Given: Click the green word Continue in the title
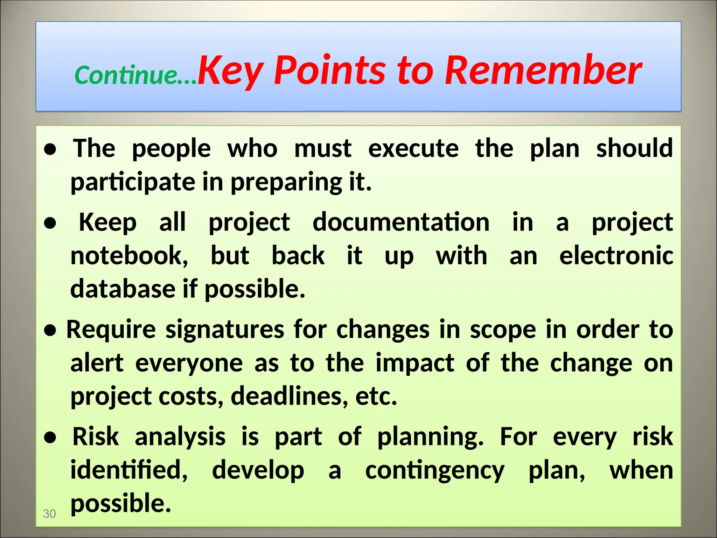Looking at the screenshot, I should pyautogui.click(x=126, y=75).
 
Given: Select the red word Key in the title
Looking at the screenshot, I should pyautogui.click(x=230, y=72).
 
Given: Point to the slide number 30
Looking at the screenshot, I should pyautogui.click(x=49, y=513).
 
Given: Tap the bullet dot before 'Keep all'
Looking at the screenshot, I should pyautogui.click(x=50, y=223).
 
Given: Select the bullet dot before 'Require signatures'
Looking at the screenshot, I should pyautogui.click(x=50, y=330).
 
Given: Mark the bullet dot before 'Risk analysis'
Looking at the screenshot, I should pyautogui.click(x=50, y=438).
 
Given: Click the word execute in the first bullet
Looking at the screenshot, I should pyautogui.click(x=413, y=149).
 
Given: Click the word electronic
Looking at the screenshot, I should pyautogui.click(x=616, y=256).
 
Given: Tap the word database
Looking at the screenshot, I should pyautogui.click(x=123, y=289).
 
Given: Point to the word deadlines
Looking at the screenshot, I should pyautogui.click(x=289, y=396).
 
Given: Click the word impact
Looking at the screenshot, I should pyautogui.click(x=415, y=363).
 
